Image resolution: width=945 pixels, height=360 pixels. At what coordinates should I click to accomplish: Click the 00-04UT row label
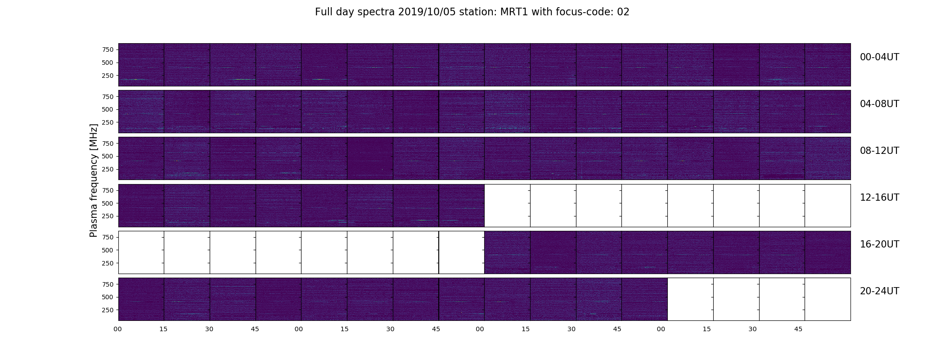tap(879, 57)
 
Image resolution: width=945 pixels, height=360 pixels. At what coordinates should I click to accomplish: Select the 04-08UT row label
tap(879, 104)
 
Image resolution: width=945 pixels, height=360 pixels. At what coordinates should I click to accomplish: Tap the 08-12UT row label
tap(879, 151)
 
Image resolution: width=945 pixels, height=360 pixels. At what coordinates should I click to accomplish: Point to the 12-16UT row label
tap(879, 198)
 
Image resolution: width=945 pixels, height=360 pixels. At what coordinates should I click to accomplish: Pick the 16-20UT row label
tap(879, 244)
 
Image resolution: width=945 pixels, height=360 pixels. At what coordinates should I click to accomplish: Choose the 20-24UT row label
tap(879, 291)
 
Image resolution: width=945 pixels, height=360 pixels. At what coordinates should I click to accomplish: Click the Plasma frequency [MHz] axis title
tap(94, 180)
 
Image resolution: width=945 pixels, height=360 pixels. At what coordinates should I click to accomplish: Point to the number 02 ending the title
tap(623, 12)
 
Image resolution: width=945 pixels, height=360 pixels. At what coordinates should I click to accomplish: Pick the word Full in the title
tap(324, 12)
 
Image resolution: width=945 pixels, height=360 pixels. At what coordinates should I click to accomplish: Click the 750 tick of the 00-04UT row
tap(108, 49)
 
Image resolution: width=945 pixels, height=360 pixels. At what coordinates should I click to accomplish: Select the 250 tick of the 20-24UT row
tap(108, 310)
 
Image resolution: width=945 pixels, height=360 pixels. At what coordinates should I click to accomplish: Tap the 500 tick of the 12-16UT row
tap(108, 203)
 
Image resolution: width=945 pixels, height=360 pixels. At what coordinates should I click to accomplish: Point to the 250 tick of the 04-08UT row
tap(108, 122)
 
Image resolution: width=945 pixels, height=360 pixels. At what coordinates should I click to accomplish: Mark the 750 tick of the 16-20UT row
tap(108, 237)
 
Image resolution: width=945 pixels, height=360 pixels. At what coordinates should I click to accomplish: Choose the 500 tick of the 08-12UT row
tap(108, 157)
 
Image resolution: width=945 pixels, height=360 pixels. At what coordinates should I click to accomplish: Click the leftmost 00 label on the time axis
tap(118, 329)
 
